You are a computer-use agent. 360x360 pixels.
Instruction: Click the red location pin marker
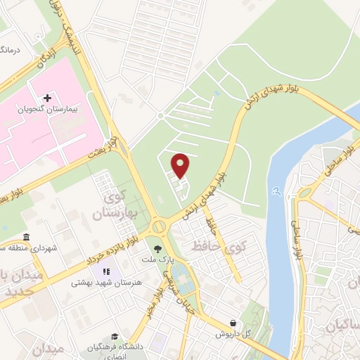point(181,166)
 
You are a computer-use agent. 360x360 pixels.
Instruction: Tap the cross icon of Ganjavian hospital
point(47,98)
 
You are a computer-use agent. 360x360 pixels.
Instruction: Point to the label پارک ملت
point(160,260)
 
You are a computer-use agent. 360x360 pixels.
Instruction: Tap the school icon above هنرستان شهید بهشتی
point(106,271)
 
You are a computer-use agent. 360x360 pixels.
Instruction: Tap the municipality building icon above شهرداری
point(26,236)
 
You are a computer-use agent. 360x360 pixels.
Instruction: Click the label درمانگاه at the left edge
point(8,50)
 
